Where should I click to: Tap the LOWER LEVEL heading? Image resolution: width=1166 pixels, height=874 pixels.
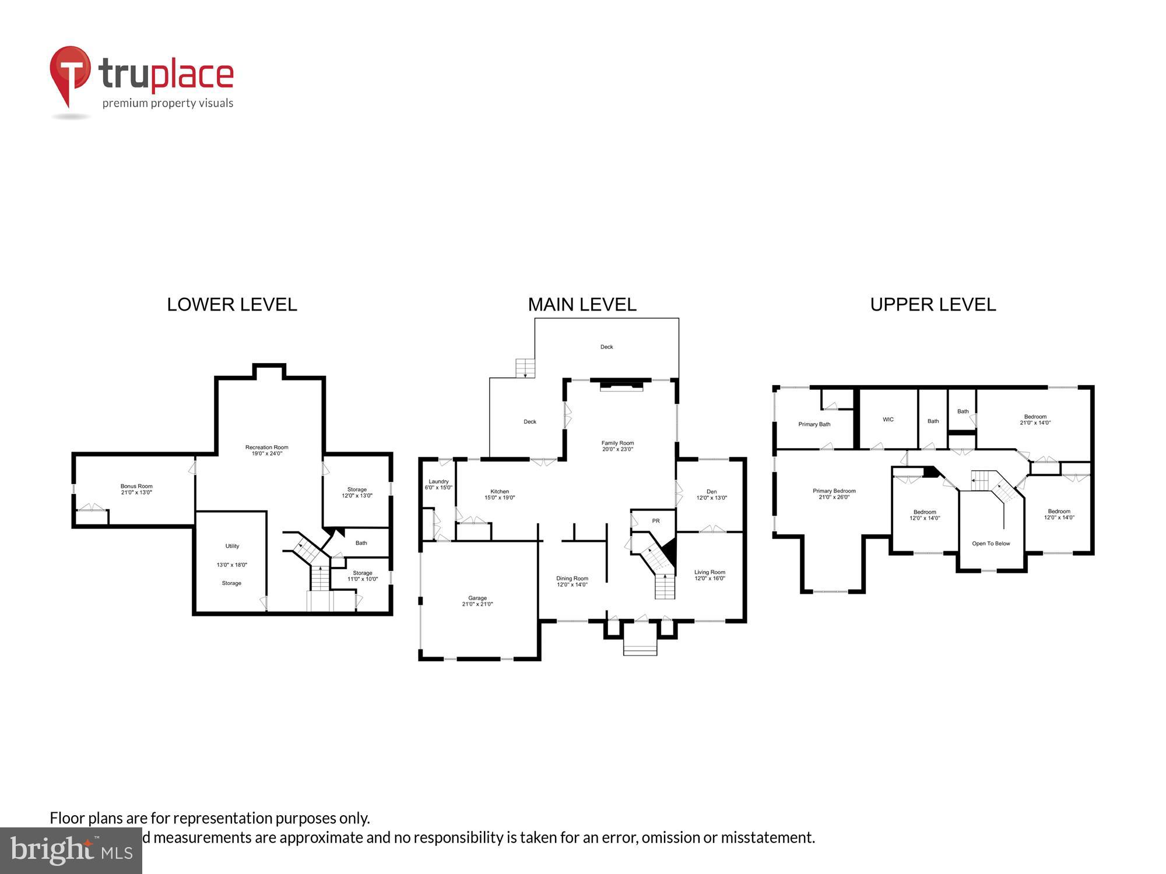pyautogui.click(x=232, y=305)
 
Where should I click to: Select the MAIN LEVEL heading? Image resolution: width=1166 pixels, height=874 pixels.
pyautogui.click(x=582, y=305)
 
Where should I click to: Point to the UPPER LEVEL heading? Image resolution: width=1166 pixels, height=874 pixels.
pyautogui.click(x=933, y=305)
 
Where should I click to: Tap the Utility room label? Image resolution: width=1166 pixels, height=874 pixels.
pyautogui.click(x=232, y=546)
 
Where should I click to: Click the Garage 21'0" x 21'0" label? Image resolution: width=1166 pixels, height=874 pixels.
pyautogui.click(x=477, y=601)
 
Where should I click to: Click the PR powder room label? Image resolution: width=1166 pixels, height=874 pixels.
pyautogui.click(x=656, y=521)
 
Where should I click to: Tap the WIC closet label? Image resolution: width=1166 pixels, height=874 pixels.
pyautogui.click(x=888, y=420)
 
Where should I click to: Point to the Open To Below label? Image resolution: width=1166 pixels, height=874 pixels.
pyautogui.click(x=991, y=544)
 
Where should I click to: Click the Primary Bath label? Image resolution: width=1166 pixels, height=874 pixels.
pyautogui.click(x=814, y=424)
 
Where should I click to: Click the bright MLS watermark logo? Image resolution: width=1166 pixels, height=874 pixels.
pyautogui.click(x=71, y=851)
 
